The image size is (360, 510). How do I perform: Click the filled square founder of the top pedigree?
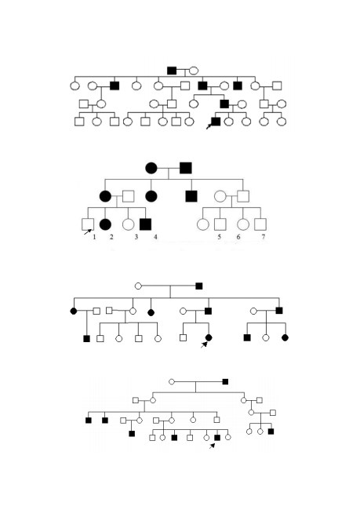click(172, 71)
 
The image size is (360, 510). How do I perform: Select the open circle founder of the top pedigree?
click(194, 71)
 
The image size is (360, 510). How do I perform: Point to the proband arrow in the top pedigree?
click(209, 126)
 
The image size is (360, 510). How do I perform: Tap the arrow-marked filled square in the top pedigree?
click(216, 122)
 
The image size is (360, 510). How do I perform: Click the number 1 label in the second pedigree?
click(94, 237)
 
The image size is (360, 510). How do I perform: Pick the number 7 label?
click(263, 237)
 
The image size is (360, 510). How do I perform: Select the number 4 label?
click(155, 237)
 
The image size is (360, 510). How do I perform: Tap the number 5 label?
click(219, 237)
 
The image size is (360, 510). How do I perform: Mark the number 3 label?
click(136, 237)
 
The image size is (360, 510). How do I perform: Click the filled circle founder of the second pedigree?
click(151, 168)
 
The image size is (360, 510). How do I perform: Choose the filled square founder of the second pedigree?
click(186, 168)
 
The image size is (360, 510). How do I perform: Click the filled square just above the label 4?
click(145, 224)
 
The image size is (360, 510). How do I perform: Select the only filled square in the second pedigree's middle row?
click(191, 196)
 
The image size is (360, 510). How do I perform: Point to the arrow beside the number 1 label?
click(88, 232)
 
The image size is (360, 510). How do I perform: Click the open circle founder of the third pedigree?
click(138, 286)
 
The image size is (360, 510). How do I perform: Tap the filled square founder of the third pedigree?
click(199, 286)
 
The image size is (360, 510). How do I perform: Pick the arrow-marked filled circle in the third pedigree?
click(209, 337)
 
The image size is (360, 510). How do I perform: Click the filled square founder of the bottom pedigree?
click(225, 381)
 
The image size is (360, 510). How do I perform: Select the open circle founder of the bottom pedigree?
click(172, 381)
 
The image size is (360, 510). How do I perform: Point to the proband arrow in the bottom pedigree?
click(212, 446)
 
